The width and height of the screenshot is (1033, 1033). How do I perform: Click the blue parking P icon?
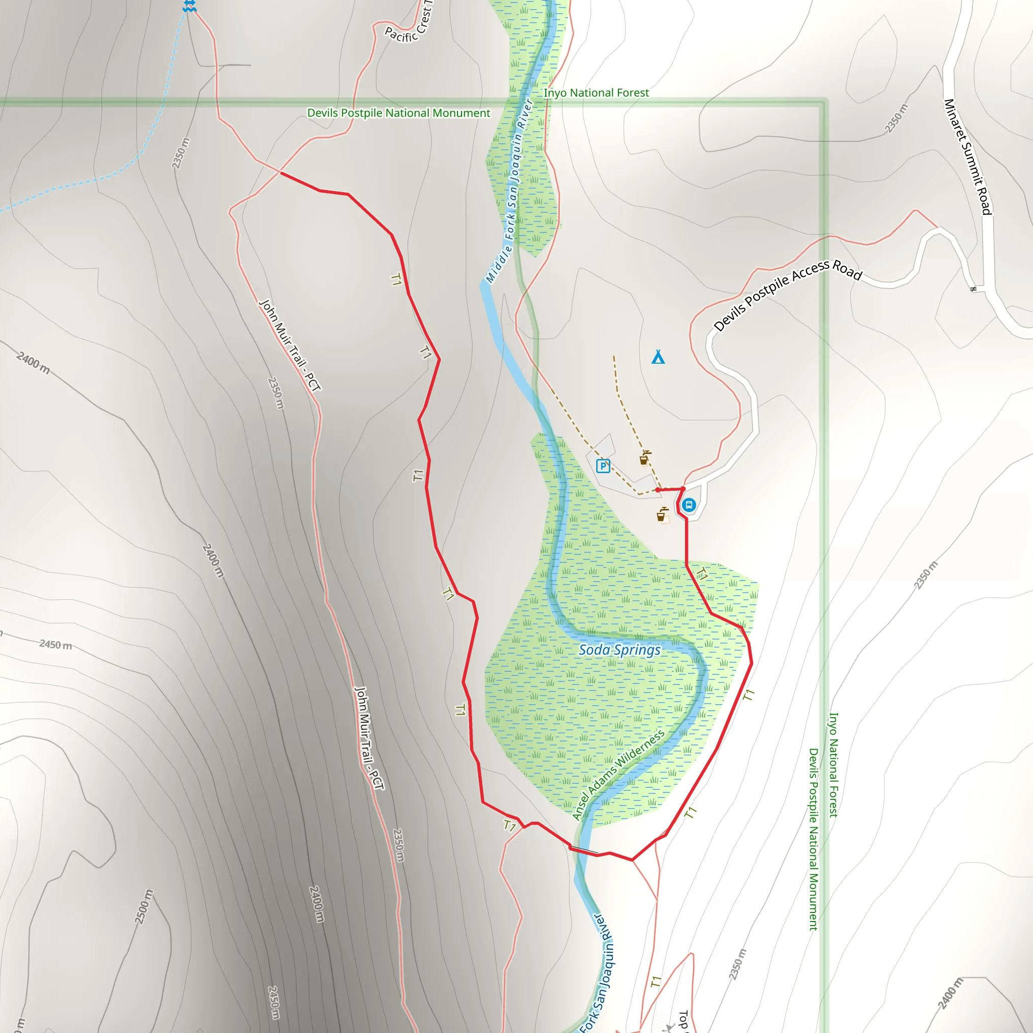603,466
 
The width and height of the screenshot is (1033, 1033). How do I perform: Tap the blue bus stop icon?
689,505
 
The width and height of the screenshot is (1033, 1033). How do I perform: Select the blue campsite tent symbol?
658,357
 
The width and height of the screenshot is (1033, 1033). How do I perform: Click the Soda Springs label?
620,650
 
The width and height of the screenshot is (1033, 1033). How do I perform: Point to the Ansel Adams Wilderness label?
618,774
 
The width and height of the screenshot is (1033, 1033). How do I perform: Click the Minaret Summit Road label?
968,157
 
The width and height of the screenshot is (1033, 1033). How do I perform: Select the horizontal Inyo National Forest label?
596,93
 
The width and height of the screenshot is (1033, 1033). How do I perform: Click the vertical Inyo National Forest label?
834,765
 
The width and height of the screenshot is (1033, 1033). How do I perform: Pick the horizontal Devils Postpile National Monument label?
398,113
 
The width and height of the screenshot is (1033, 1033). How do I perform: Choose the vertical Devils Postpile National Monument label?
813,839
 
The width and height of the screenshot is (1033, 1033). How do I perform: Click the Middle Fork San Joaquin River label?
509,191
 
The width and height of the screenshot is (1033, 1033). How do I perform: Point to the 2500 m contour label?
143,907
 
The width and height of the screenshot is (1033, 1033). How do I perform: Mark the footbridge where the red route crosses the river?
584,850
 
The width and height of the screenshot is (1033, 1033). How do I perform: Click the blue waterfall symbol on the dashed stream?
189,7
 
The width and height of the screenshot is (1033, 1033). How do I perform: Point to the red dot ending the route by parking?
658,490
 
